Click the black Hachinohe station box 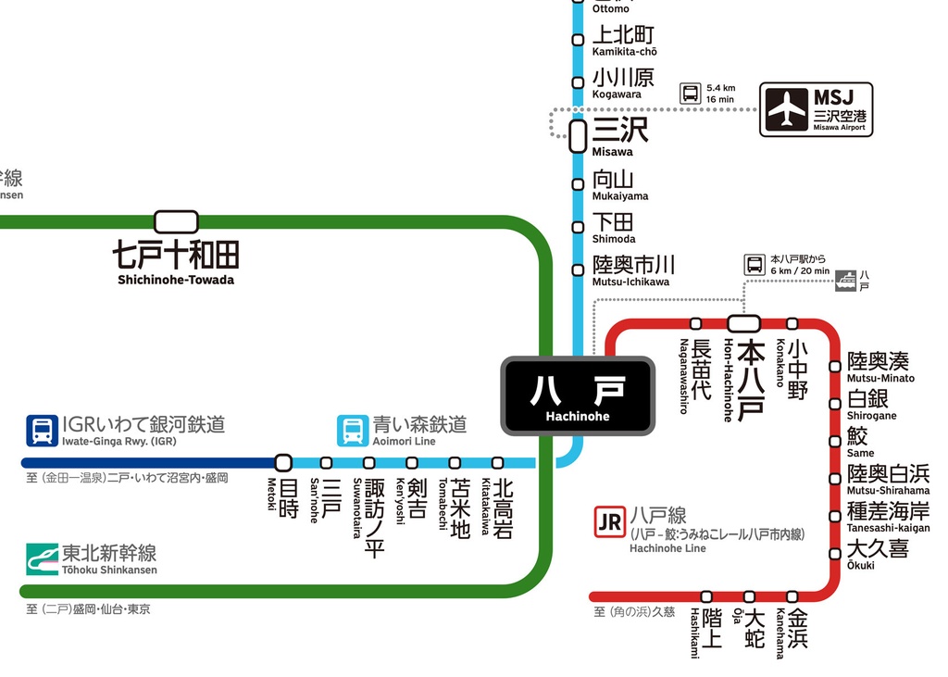(578, 395)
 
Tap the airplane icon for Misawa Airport (787, 110)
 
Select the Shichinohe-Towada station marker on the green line (176, 221)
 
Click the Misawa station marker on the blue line (578, 136)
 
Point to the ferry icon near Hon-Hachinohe (845, 281)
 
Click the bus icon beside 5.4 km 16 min (691, 93)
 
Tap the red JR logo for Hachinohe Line (609, 522)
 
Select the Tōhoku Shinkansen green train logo (42, 559)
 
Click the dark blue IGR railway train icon (42, 430)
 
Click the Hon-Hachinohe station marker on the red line (744, 323)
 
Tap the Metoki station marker (283, 462)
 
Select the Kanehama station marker (792, 596)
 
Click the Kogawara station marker (578, 82)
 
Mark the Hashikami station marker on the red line (706, 596)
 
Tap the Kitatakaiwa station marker (497, 462)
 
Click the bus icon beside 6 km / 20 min (755, 265)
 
